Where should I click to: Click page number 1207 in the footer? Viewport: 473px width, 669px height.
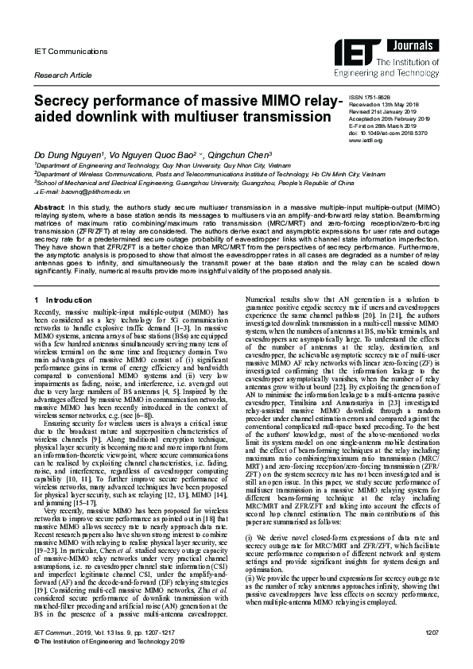pos(432,655)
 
